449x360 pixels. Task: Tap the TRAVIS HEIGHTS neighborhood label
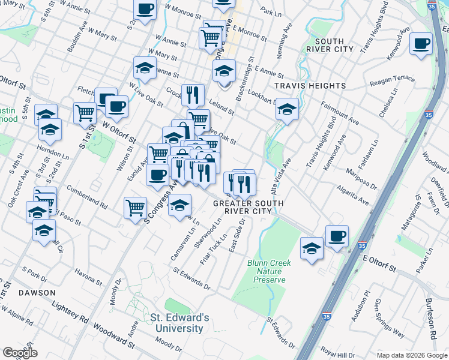click(x=310, y=86)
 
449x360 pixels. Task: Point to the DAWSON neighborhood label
click(x=38, y=293)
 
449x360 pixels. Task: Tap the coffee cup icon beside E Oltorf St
click(x=337, y=235)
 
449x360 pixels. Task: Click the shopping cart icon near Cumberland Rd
click(x=136, y=208)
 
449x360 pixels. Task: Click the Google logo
click(x=20, y=353)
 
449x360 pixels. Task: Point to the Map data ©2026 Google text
click(x=411, y=355)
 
